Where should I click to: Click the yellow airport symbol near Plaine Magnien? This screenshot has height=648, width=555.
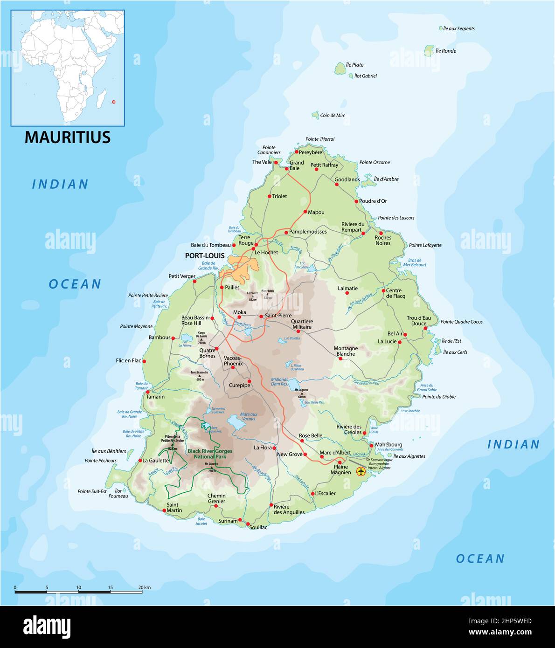[x=360, y=471]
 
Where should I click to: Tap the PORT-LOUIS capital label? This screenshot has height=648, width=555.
[x=205, y=256]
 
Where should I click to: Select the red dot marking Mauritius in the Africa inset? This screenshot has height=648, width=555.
[x=113, y=102]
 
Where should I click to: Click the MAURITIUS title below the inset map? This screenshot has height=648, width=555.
[x=68, y=137]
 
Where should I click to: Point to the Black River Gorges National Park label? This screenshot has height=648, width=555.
[x=210, y=454]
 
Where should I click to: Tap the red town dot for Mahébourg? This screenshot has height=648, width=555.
[x=371, y=445]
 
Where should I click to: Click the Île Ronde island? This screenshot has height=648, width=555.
[x=429, y=50]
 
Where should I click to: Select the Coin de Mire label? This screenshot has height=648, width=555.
[x=333, y=116]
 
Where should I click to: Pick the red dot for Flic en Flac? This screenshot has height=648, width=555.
[x=144, y=361]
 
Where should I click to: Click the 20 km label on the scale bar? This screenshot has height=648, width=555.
[x=144, y=587]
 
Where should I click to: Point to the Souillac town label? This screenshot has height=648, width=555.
[x=258, y=527]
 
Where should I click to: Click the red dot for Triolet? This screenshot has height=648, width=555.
[x=270, y=196]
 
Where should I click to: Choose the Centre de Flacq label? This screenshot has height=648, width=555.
[x=395, y=293]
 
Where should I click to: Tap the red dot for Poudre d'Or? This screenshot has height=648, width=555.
[x=356, y=201]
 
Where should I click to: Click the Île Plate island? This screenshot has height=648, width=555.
[x=340, y=69]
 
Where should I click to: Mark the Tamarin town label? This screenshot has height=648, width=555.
[x=155, y=397]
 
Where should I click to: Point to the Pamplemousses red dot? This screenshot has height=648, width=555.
[x=286, y=232]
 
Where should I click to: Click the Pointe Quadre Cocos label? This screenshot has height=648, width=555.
[x=461, y=322]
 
